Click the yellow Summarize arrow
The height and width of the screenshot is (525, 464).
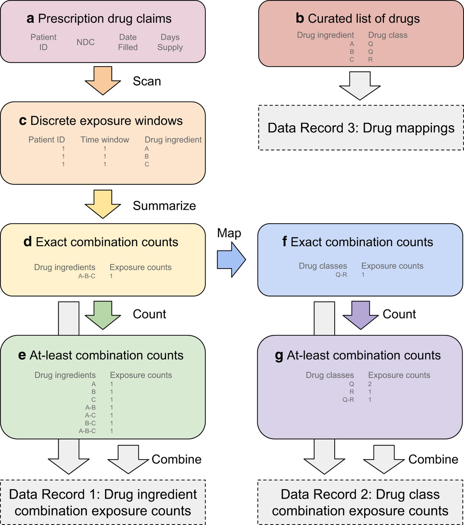point(103,204)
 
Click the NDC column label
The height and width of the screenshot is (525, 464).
point(85,42)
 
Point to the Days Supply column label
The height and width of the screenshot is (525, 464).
point(170,42)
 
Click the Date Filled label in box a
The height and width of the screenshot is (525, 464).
point(128,42)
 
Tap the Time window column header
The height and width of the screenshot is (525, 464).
point(105,140)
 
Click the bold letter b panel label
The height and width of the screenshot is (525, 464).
point(300,18)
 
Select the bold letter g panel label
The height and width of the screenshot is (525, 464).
point(279,356)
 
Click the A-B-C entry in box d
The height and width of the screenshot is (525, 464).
point(86,276)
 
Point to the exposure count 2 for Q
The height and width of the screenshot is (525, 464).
point(370,384)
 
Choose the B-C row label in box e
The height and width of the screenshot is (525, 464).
point(90,423)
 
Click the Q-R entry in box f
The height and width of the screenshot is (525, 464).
point(341,275)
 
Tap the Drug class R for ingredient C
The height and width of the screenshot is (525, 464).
point(370,59)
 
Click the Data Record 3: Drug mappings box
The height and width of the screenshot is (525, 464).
point(361,128)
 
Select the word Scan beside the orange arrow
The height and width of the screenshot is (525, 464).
point(147,81)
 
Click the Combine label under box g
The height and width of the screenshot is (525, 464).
point(433,459)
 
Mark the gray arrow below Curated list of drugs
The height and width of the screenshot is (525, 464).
point(360,85)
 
